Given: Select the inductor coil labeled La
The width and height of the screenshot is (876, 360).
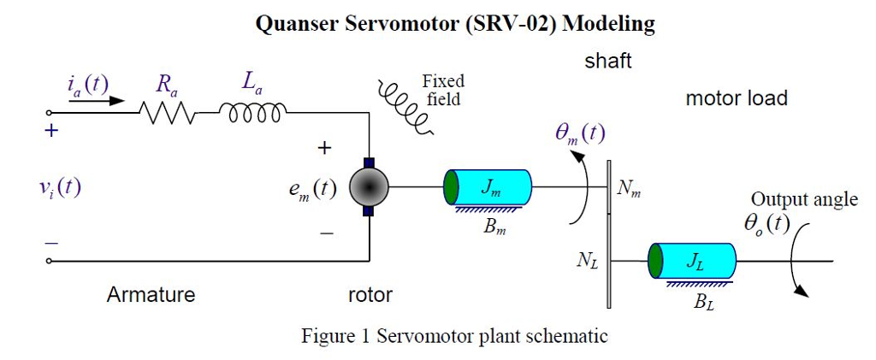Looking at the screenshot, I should [x=253, y=111].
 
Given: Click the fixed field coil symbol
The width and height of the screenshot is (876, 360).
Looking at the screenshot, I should [x=407, y=107].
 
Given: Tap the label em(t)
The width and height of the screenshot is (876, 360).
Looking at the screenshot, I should [x=312, y=190].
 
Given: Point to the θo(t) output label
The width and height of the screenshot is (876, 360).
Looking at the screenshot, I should [x=766, y=223].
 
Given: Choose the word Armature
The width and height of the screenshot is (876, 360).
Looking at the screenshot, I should [x=151, y=295].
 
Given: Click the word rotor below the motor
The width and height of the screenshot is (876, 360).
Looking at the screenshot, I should [x=370, y=295].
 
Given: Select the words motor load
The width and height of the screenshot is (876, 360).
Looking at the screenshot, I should [x=736, y=98].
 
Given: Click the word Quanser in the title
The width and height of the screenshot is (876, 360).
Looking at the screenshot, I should [x=297, y=24].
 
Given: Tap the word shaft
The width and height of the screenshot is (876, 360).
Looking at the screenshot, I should [x=608, y=62].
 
